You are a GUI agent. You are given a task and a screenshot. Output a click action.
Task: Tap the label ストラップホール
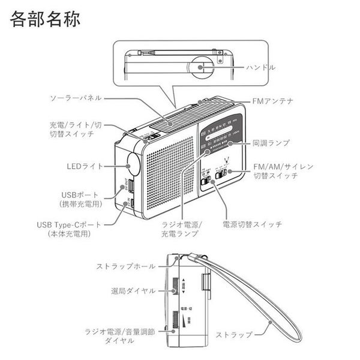[126, 266]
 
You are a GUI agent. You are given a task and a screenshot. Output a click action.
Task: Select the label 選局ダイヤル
[133, 290]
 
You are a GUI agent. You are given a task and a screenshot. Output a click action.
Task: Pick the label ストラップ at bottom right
[233, 334]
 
